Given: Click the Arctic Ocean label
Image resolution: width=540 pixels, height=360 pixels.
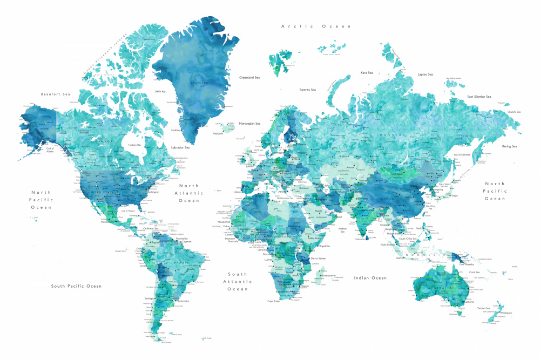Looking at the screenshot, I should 316,26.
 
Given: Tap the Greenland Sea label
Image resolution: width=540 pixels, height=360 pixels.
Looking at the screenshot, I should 249,78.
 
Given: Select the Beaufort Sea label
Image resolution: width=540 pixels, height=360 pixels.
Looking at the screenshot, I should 56,94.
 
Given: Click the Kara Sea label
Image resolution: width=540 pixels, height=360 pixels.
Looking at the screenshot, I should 367,72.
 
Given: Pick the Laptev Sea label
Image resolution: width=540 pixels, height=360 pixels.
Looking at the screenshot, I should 425,74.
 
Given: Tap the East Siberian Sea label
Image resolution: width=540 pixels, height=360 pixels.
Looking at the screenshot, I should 479,97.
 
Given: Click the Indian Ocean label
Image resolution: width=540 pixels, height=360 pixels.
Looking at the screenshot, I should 370,278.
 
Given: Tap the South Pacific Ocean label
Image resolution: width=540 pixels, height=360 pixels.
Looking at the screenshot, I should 76,286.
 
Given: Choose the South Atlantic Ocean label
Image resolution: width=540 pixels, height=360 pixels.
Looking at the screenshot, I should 237,281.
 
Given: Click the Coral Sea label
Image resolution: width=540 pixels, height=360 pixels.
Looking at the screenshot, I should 475,272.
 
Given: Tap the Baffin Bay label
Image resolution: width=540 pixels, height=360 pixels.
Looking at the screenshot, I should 160,92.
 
